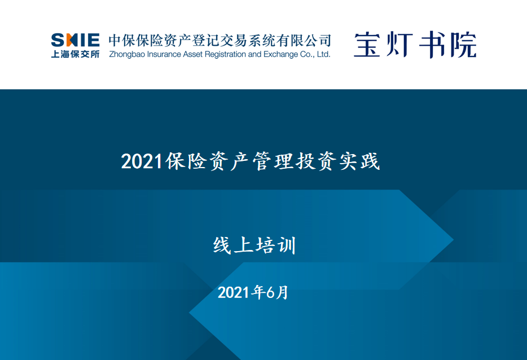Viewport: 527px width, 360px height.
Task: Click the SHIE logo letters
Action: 75,40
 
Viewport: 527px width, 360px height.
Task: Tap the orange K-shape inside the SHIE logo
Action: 70,40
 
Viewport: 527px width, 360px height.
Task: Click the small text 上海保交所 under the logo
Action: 75,54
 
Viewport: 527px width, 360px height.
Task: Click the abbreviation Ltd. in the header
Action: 323,54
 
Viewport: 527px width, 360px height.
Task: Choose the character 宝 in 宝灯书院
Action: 367,44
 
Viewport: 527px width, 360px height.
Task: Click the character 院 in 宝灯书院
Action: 463,45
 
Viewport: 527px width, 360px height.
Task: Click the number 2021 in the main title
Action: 142,161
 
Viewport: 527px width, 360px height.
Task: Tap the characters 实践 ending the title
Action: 359,161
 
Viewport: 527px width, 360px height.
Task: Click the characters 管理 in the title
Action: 273,161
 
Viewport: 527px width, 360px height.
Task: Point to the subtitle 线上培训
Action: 255,245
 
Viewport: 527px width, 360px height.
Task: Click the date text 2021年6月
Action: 253,292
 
